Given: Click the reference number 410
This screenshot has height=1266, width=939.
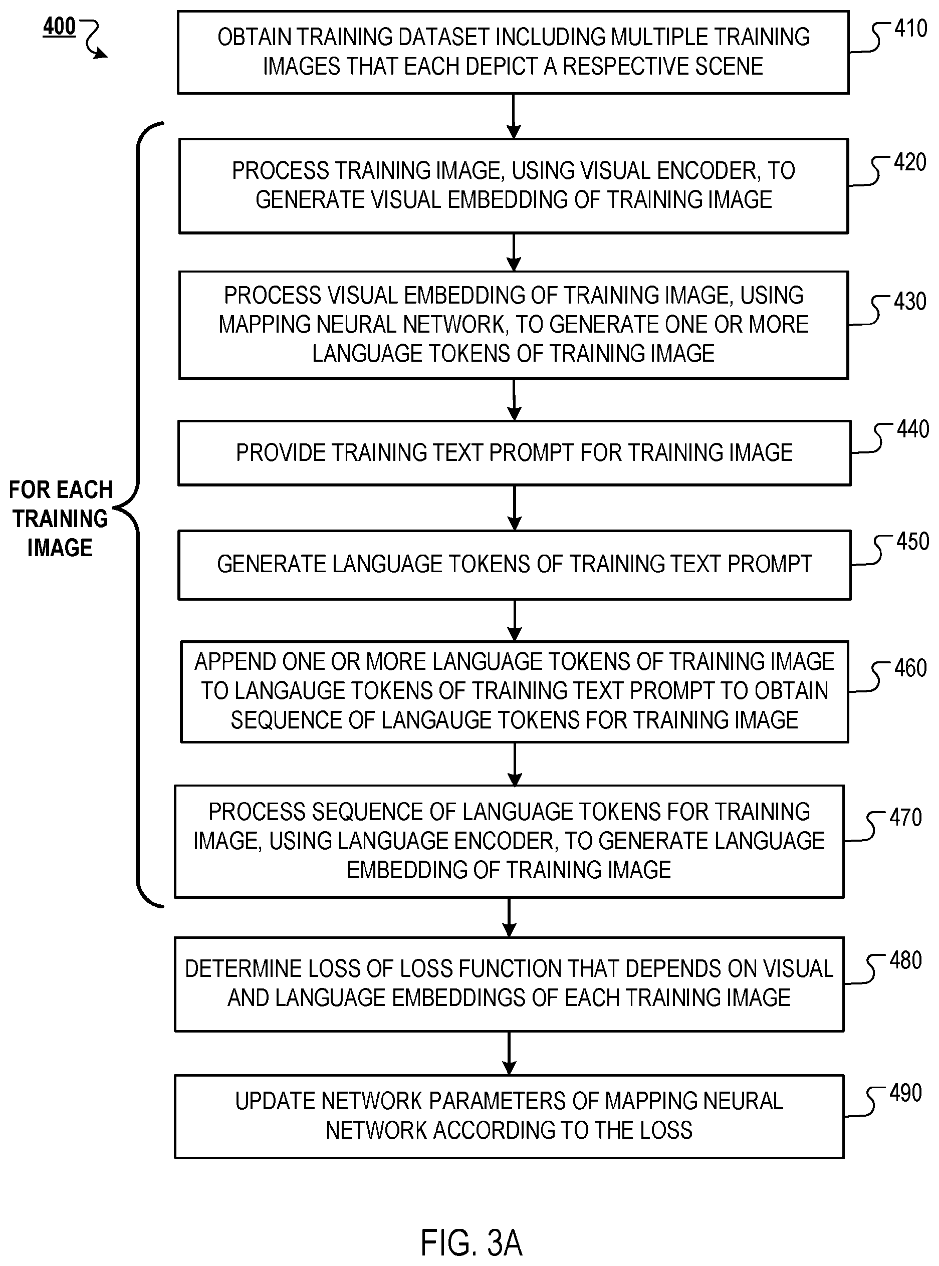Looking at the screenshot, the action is (x=910, y=28).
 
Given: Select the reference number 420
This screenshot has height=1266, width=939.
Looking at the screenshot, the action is (x=910, y=162).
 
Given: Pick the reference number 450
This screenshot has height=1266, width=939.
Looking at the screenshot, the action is (x=913, y=542).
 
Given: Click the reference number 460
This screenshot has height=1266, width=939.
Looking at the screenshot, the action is (x=910, y=668).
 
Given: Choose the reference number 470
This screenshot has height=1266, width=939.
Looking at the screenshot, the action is (x=905, y=818).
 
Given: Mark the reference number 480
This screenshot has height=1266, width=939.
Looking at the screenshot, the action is (x=905, y=960).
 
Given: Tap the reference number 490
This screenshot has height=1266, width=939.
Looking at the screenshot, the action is (x=905, y=1093).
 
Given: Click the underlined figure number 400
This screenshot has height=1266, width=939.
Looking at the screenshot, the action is (x=59, y=27).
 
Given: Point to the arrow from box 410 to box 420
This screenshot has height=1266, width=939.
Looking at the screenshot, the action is (x=514, y=117).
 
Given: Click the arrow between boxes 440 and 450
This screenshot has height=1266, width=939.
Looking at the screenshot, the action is (x=515, y=508).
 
